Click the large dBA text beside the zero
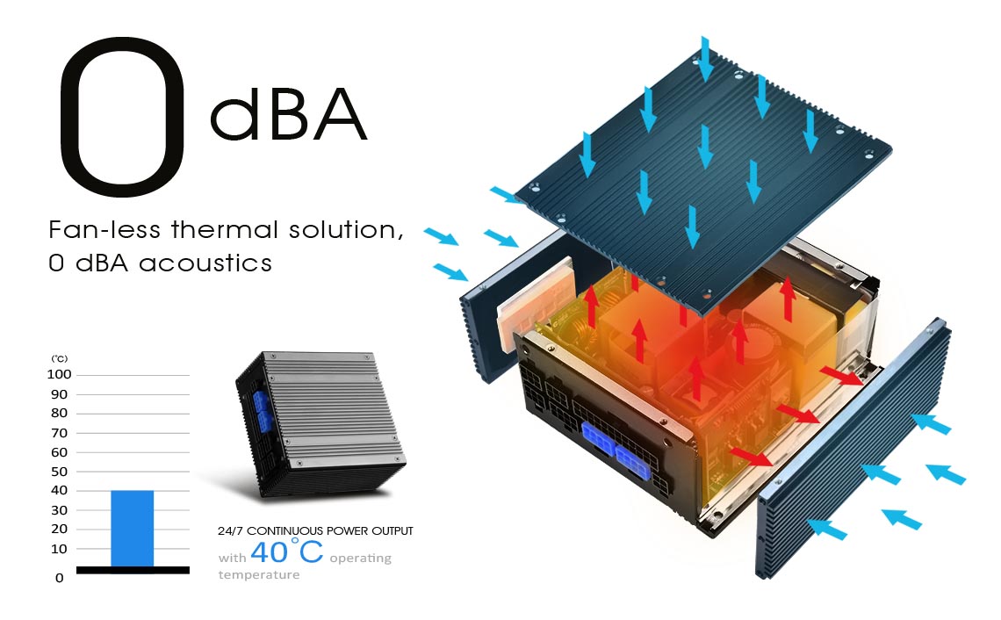[x=288, y=115]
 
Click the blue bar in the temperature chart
[x=132, y=528]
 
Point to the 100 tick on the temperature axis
[x=61, y=375]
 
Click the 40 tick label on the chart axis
[x=60, y=491]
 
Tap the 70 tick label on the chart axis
[x=60, y=433]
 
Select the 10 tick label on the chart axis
[x=60, y=549]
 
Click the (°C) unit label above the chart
[x=60, y=358]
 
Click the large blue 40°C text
[x=286, y=552]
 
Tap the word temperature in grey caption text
[x=259, y=575]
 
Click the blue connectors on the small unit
[x=261, y=411]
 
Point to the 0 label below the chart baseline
[x=60, y=578]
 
